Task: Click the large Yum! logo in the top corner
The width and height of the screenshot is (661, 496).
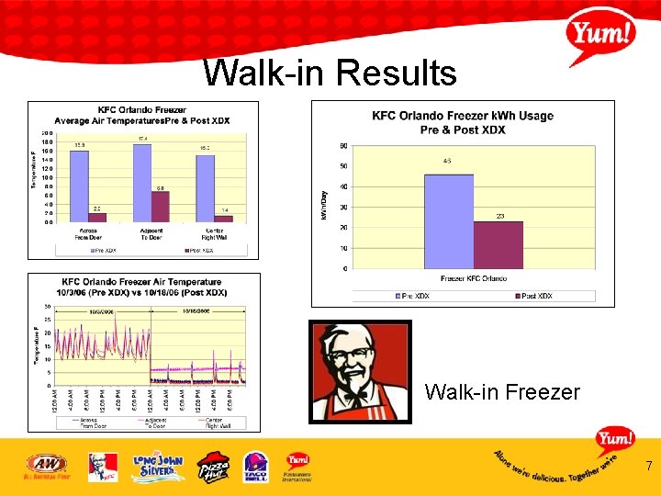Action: point(601,37)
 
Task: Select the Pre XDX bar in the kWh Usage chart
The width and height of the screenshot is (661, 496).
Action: point(448,221)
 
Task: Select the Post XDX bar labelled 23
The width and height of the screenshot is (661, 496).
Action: point(498,245)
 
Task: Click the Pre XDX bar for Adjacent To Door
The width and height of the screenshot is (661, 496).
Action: point(142,183)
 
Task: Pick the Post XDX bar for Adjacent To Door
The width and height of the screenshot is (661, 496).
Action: point(160,206)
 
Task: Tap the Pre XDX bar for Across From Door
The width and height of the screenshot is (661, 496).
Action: point(80,186)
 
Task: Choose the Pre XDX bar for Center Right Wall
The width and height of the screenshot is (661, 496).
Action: point(205,188)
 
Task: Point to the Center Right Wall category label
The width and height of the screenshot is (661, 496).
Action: point(215,233)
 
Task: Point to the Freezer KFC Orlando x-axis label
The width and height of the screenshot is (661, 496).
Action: point(474,278)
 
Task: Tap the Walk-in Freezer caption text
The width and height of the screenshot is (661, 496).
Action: point(502,392)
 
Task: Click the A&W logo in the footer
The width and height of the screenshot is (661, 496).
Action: point(46,466)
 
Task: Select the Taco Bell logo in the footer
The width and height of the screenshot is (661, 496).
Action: point(256,466)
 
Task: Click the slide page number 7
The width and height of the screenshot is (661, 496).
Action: point(648,467)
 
